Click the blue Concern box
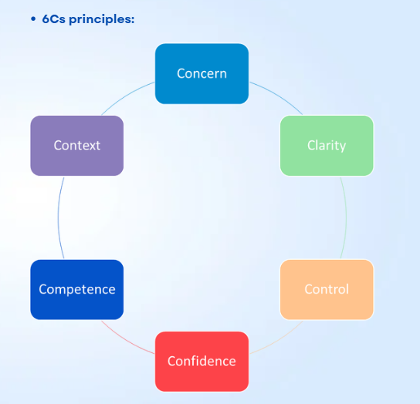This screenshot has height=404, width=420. pos(202,73)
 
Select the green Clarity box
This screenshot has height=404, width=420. pos(326,145)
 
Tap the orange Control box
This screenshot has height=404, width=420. pos(326,289)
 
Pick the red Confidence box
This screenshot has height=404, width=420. pos(202,361)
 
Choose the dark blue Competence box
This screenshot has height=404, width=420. pos(76,289)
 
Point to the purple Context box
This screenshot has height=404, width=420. pos(76,145)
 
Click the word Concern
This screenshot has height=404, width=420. pos(202,73)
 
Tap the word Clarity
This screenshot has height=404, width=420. pos(326,145)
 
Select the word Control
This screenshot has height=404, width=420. pos(326,289)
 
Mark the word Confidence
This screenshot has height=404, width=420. pos(202,361)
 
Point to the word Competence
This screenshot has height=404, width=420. pos(76,289)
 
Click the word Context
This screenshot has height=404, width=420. pos(76,145)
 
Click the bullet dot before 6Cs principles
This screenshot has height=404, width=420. pos(33,19)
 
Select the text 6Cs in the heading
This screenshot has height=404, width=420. pos(54,19)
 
